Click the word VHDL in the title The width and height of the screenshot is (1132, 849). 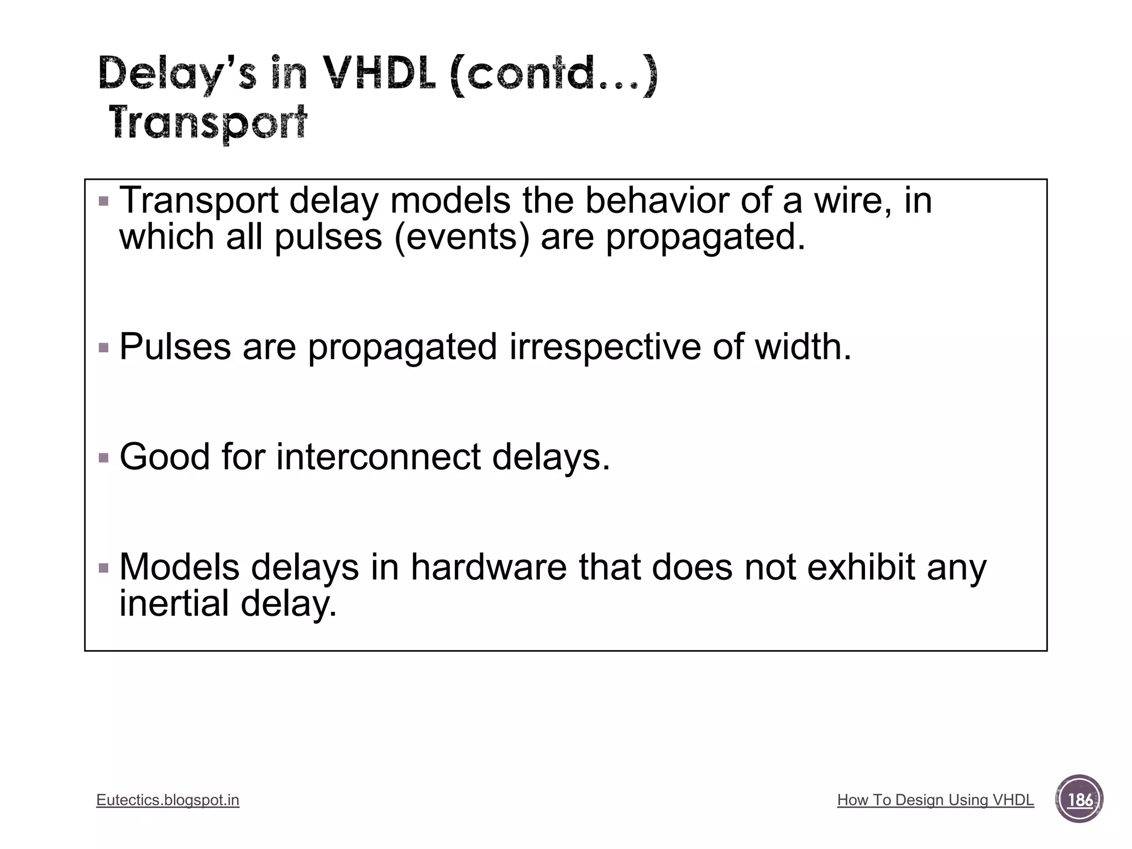click(x=379, y=75)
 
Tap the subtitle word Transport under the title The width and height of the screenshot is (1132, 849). click(x=208, y=123)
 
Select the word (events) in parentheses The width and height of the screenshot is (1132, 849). click(x=462, y=237)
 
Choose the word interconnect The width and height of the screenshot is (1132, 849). click(x=379, y=457)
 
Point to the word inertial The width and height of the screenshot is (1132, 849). click(x=174, y=604)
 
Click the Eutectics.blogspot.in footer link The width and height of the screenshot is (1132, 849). click(x=167, y=800)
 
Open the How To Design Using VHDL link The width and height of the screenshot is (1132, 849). click(x=935, y=800)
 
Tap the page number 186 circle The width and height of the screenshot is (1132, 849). click(x=1079, y=799)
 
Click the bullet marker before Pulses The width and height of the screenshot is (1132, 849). click(x=103, y=348)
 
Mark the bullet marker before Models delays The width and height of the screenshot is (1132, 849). click(x=103, y=568)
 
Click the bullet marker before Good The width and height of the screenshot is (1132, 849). click(x=103, y=458)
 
